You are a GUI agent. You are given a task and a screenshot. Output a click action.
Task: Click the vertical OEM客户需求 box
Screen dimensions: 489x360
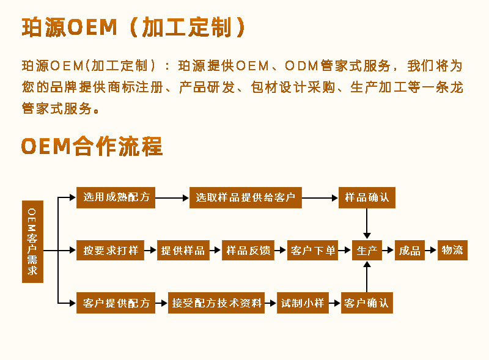tap(32, 241)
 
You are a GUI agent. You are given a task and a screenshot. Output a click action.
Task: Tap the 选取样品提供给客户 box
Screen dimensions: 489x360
tap(245, 197)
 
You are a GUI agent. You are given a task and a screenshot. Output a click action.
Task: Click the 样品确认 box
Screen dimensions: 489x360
tap(367, 197)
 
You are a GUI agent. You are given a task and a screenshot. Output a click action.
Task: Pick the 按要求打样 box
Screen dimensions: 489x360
tap(111, 250)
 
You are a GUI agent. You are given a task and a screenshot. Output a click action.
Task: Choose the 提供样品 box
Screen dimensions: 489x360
tap(182, 250)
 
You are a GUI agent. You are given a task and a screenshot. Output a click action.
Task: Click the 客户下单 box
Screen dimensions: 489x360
tap(313, 250)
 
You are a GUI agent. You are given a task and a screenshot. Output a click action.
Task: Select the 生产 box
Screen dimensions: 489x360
tap(367, 250)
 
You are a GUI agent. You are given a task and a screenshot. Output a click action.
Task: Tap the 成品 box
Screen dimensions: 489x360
tap(410, 250)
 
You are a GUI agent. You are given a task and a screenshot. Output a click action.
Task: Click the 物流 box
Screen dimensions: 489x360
tap(452, 250)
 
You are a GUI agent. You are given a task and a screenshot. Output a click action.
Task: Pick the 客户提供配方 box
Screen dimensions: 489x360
tap(116, 303)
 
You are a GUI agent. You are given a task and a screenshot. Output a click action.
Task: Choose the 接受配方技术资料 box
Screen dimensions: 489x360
tap(216, 303)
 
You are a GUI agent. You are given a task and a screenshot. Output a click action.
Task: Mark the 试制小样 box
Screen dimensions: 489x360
tap(302, 303)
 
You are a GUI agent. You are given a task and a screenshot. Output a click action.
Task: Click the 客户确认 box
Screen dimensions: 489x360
tap(367, 303)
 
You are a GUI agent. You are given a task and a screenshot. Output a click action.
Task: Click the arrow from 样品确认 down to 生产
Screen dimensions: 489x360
tap(367, 223)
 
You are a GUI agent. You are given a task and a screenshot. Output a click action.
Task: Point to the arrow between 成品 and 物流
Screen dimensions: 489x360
tap(431, 250)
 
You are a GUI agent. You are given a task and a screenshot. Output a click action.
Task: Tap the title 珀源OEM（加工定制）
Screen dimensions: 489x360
tap(134, 28)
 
